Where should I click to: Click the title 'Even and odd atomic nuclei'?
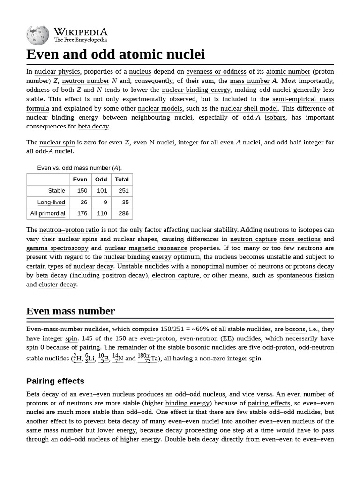click(115, 54)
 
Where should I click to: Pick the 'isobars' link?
click(275, 118)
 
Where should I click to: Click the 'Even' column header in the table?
click(80, 180)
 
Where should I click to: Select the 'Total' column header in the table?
click(121, 180)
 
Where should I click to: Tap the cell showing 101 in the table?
click(101, 191)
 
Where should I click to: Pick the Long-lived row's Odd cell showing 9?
click(105, 202)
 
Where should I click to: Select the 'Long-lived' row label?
click(51, 202)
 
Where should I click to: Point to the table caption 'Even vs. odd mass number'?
click(79, 168)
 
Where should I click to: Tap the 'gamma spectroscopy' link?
click(57, 248)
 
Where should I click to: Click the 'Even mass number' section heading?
click(70, 311)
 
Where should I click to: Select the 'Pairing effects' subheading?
click(55, 381)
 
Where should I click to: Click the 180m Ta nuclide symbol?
click(144, 359)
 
